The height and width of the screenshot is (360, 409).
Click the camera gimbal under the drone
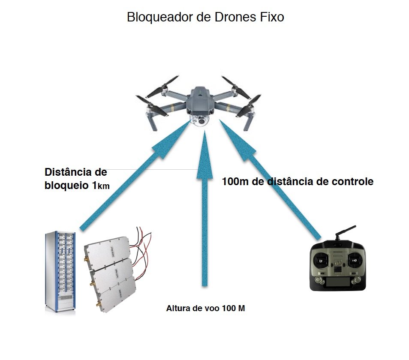pos(200,120)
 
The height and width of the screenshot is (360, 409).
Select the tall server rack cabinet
pos(60,272)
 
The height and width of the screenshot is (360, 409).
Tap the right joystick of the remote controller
pos(354,259)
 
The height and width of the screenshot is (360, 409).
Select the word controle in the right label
pos(353,181)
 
